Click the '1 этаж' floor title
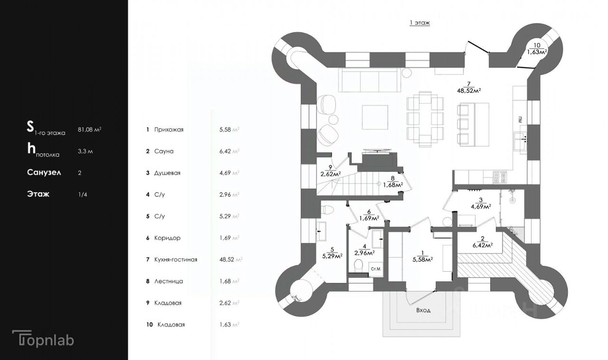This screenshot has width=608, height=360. click(419, 22)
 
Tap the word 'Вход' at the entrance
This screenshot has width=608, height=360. click(423, 310)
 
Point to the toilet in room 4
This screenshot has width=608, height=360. click(359, 264)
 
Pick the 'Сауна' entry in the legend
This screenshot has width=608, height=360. click(164, 151)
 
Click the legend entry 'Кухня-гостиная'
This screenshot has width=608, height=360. click(175, 259)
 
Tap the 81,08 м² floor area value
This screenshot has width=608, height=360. click(90, 129)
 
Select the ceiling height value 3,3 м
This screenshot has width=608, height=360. click(85, 151)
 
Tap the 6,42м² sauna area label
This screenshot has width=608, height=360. click(481, 245)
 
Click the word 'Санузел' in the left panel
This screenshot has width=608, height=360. click(44, 172)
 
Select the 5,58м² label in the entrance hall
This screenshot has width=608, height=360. click(422, 259)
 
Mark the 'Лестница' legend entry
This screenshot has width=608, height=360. click(169, 281)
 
